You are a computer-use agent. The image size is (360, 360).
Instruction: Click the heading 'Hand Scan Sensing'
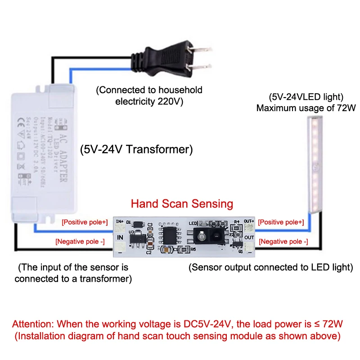pyautogui.click(x=182, y=204)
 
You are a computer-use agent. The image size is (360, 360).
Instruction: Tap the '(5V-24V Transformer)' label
pyautogui.click(x=136, y=149)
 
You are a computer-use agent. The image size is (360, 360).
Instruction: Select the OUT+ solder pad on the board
pyautogui.click(x=249, y=228)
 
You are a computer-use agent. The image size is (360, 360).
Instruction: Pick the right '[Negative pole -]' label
pyautogui.click(x=283, y=242)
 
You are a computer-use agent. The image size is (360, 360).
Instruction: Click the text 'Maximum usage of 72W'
pyautogui.click(x=306, y=108)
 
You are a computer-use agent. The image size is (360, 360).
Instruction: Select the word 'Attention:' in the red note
pyautogui.click(x=34, y=324)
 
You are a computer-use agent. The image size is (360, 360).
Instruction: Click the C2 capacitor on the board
pyautogui.click(x=149, y=246)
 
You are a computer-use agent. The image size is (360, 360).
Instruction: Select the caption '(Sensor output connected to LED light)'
pyautogui.click(x=270, y=267)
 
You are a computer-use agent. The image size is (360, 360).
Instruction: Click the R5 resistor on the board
pyautogui.click(x=184, y=248)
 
